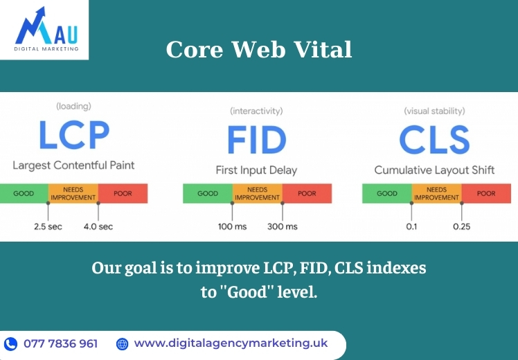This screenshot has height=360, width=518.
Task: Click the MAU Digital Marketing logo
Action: (x=46, y=29)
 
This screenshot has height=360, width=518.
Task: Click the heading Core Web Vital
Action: (x=259, y=50)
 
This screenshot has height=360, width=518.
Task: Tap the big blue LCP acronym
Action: (x=74, y=135)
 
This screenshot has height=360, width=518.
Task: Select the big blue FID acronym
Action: (x=257, y=140)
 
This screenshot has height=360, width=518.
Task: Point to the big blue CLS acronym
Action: (x=434, y=140)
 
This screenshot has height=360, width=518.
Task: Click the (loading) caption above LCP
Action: (x=73, y=107)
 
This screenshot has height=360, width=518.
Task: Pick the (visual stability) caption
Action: (x=434, y=111)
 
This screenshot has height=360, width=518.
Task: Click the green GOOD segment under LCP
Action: (x=24, y=194)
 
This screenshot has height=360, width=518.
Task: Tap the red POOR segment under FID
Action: (x=307, y=194)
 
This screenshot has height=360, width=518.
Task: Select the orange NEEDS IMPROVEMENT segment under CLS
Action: (x=436, y=194)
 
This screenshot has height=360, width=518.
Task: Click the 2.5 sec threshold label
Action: (x=48, y=226)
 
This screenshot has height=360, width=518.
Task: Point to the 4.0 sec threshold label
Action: (x=98, y=226)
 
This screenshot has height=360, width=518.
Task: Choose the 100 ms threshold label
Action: (x=232, y=226)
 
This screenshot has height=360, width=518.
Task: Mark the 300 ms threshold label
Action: (x=283, y=226)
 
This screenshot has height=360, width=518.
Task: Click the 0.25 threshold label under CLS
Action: (x=461, y=226)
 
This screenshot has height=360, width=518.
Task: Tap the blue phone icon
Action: (x=10, y=344)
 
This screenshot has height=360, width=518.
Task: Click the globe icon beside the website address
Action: (x=123, y=344)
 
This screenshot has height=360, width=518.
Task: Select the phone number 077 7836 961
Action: (x=61, y=344)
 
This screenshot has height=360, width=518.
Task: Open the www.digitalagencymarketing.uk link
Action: (x=231, y=343)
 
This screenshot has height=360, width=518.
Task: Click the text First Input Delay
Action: (x=256, y=170)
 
